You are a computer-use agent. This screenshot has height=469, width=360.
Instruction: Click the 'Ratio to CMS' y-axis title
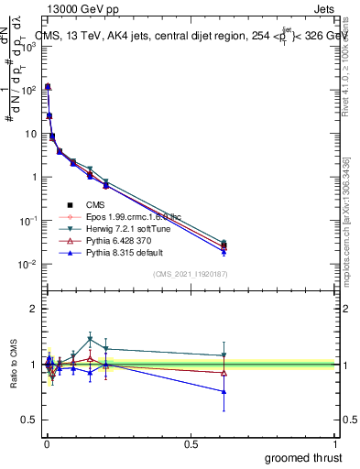tap(13, 363)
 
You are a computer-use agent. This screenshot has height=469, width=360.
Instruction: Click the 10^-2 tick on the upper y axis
tap(26, 264)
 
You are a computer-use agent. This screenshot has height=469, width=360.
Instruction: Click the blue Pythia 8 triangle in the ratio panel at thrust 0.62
tap(224, 391)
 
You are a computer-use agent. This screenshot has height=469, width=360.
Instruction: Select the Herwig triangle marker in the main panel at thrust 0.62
tap(224, 243)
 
